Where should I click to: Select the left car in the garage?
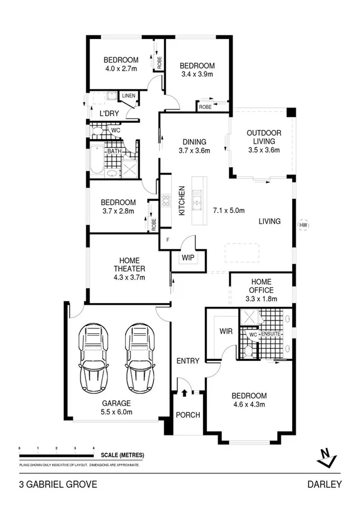click(x=94, y=358)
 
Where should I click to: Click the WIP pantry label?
click(x=188, y=259)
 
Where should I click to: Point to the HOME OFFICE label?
click(x=261, y=285)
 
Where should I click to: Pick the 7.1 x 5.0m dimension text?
click(x=229, y=210)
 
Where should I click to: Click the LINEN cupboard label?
click(x=129, y=96)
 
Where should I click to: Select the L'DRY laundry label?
click(x=109, y=114)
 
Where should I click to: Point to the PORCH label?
click(x=188, y=415)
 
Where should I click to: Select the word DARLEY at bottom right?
click(x=325, y=484)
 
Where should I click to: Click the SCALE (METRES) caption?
click(x=122, y=455)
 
